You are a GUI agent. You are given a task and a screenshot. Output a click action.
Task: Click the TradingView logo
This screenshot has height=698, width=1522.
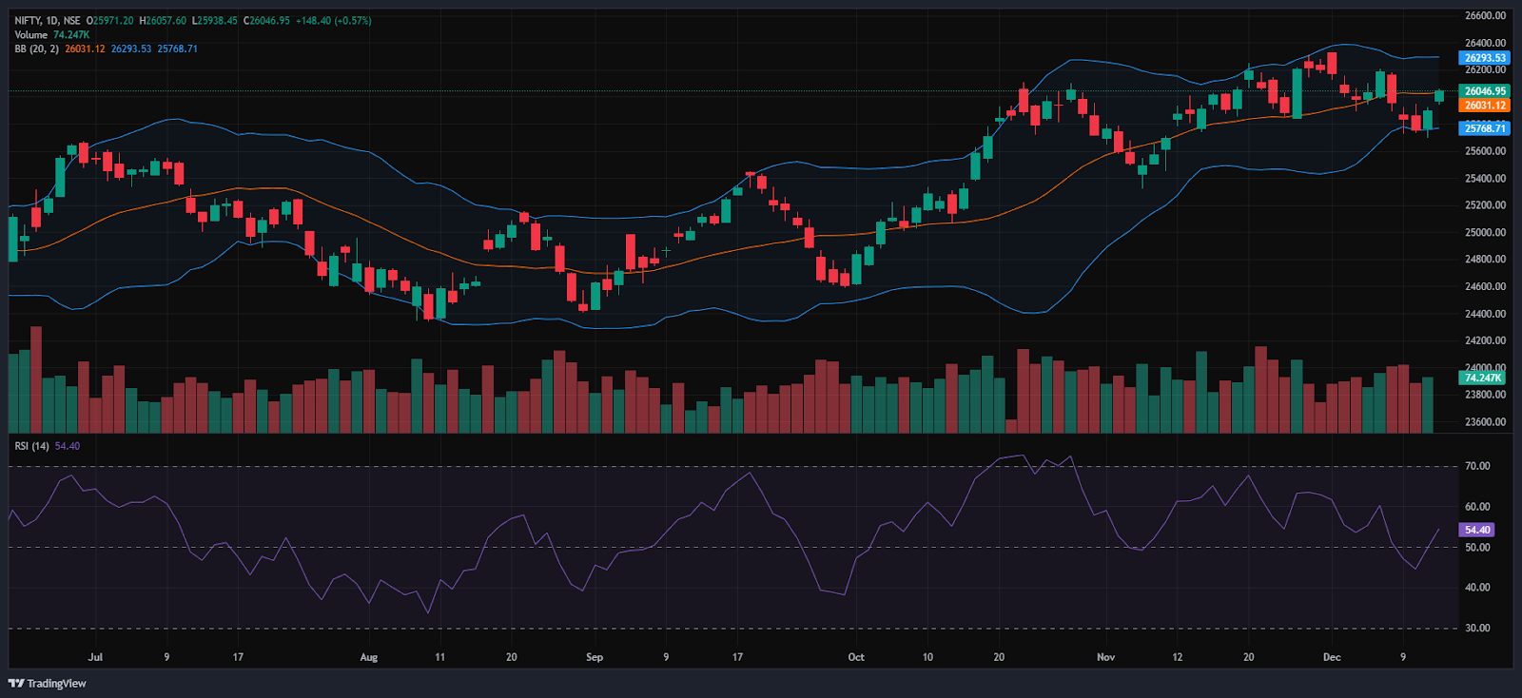(x=48, y=683)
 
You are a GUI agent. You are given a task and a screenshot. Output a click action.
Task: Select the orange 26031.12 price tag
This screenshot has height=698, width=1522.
(x=1484, y=106)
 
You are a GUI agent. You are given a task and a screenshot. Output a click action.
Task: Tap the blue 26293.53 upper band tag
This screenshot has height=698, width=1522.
(x=1484, y=58)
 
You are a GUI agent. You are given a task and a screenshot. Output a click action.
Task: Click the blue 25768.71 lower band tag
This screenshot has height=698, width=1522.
(x=1484, y=128)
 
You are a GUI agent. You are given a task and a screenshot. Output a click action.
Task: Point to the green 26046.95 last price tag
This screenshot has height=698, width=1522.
(x=1484, y=91)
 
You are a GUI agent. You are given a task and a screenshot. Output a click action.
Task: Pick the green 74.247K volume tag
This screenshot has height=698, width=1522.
(x=1482, y=378)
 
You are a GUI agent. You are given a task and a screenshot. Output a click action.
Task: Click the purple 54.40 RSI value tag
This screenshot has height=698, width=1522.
(x=1477, y=530)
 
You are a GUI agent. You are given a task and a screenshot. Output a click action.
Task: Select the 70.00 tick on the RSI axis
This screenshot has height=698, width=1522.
(x=1477, y=466)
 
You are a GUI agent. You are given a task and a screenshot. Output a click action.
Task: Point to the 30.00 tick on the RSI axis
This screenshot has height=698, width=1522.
(x=1477, y=628)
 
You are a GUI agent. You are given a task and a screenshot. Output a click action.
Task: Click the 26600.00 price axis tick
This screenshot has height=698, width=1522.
(x=1485, y=15)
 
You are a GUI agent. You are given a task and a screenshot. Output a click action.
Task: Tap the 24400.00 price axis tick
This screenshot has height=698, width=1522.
(x=1485, y=314)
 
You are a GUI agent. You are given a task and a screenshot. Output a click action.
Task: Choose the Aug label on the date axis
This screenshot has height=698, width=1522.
(x=368, y=657)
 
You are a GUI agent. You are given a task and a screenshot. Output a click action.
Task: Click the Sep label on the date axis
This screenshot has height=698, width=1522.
(x=595, y=657)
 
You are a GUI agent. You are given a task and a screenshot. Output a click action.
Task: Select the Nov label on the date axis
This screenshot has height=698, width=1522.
(x=1105, y=657)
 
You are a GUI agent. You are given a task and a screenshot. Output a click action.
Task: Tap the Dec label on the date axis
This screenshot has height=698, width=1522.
(x=1332, y=657)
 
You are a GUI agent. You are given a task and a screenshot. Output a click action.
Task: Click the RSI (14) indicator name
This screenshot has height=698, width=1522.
(x=32, y=446)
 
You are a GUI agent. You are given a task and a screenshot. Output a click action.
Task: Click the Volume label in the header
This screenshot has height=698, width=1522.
(x=30, y=34)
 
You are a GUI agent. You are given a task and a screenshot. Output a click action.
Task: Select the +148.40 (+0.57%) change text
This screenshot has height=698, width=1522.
(x=332, y=20)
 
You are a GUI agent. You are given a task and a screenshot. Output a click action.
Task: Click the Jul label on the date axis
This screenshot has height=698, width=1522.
(x=94, y=657)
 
